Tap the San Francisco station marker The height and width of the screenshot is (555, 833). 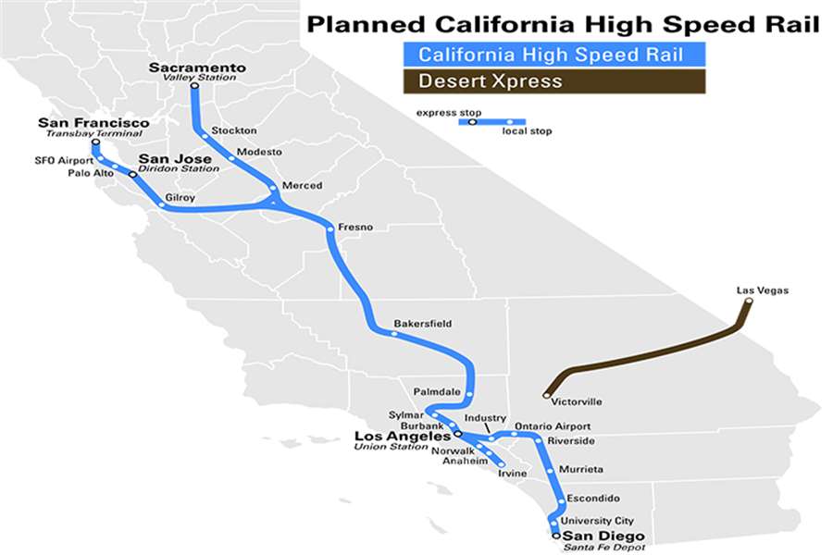click(95, 144)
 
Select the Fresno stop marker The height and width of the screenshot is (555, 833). click(329, 228)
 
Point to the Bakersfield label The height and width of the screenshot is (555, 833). click(422, 324)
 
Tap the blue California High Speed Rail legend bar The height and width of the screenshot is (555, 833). click(552, 55)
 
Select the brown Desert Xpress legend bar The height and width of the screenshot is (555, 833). click(552, 80)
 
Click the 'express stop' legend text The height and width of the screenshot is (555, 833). click(448, 111)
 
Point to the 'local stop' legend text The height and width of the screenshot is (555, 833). click(527, 131)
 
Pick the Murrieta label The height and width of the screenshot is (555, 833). click(581, 469)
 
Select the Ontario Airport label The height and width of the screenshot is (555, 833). click(559, 425)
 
